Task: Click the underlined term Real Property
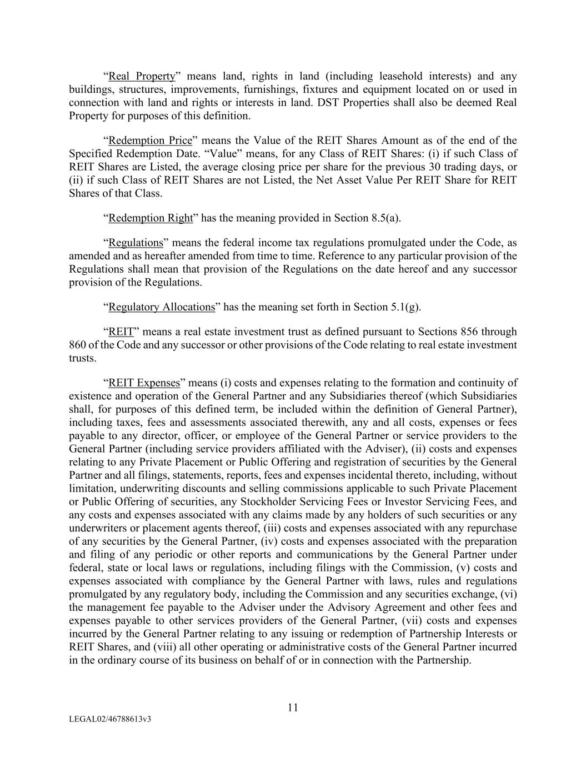click(142, 76)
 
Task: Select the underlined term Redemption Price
click(150, 140)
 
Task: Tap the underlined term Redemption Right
click(150, 218)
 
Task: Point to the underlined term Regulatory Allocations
click(161, 307)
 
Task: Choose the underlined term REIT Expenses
click(144, 383)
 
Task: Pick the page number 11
click(293, 707)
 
